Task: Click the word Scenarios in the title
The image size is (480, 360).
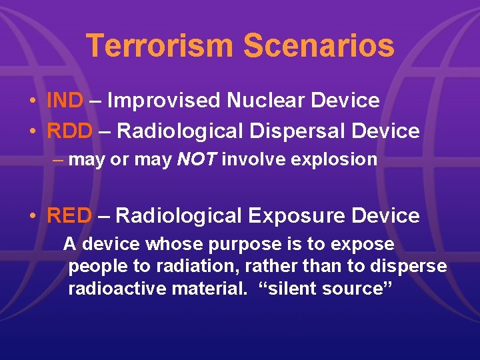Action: tap(319, 46)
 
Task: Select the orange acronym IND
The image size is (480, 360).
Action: tap(65, 101)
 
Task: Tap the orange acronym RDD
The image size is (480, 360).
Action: tap(69, 131)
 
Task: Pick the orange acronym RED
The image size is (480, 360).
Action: tap(69, 216)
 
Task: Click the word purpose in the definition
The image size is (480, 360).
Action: tap(218, 245)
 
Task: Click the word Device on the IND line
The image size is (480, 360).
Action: tap(347, 101)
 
